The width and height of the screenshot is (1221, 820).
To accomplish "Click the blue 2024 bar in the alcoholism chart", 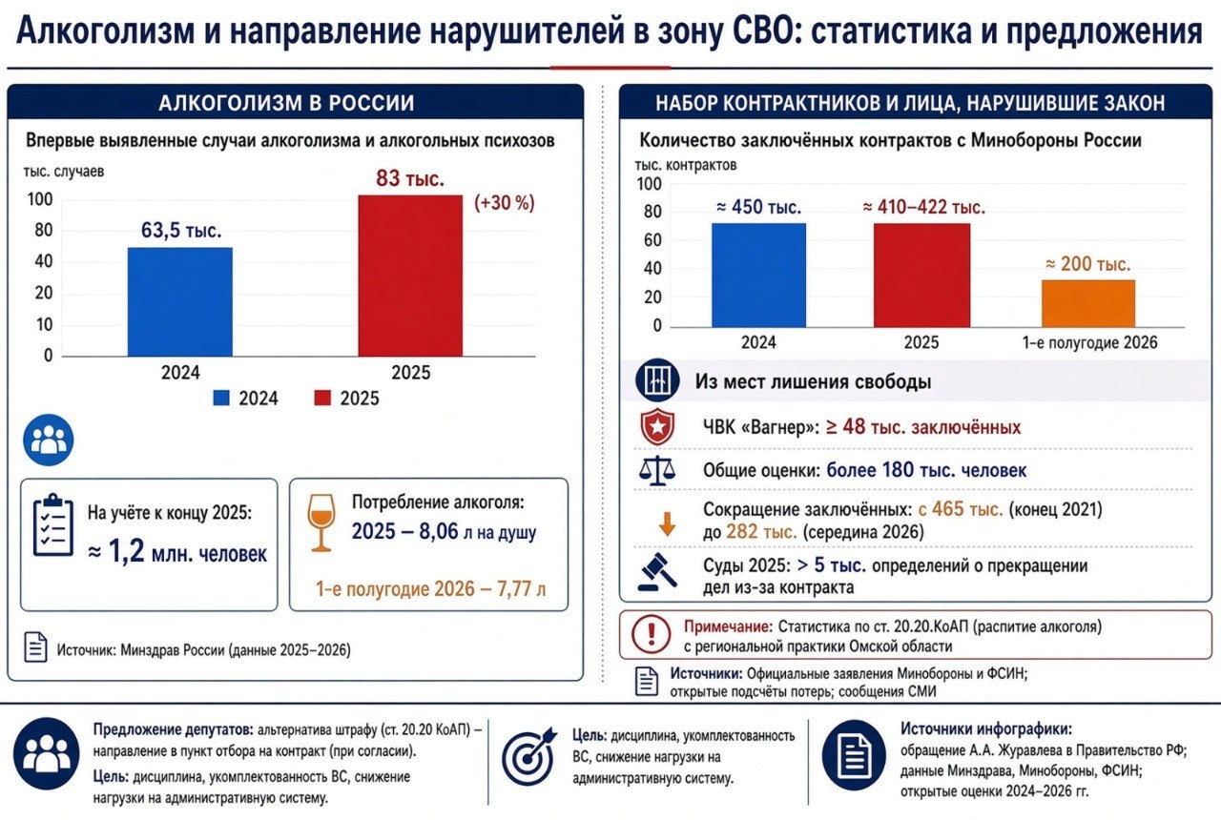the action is (180, 302).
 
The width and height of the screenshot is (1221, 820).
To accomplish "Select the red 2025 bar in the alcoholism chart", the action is (410, 276).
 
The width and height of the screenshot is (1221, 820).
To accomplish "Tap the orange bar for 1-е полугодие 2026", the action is (1088, 303).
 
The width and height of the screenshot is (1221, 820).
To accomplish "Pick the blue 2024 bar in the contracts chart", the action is (758, 276).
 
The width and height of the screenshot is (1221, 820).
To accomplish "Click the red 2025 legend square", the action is (322, 398).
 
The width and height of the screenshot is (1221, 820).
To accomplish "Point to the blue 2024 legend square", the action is (221, 398).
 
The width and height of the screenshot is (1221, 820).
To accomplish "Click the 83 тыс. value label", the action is (410, 178).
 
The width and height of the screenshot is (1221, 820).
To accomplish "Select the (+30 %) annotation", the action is (505, 203).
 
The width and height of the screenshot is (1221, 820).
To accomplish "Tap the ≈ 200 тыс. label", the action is (1088, 264).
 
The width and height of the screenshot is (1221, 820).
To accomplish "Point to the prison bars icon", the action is (657, 379).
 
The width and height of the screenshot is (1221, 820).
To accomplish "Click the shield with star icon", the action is (657, 426).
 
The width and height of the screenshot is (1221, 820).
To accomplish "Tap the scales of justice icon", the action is (657, 471).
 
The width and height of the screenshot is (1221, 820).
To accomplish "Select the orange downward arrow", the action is (667, 524).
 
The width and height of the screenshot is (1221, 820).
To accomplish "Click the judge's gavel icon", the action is (657, 572).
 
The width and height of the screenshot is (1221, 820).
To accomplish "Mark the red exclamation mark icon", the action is (651, 634).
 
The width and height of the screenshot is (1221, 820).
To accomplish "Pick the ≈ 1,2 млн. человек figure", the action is (177, 552).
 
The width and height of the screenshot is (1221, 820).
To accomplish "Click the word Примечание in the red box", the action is (728, 626).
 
